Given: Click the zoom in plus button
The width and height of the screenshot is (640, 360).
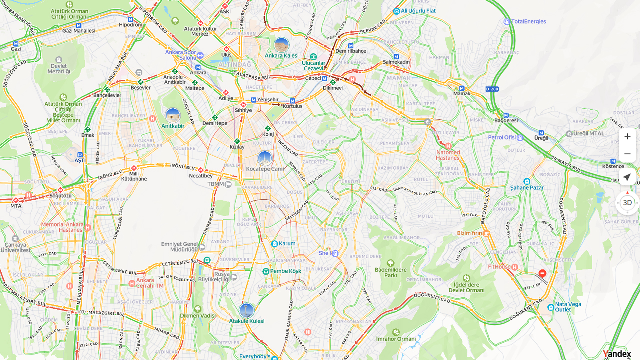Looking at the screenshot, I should [x=627, y=136].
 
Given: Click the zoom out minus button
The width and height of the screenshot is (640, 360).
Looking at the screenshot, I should [x=627, y=154].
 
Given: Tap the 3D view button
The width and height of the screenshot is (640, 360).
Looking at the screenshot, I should [x=627, y=203].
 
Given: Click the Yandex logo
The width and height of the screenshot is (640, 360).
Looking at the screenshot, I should [x=617, y=354].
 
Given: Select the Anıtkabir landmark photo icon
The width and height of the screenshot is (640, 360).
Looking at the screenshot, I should [x=172, y=116].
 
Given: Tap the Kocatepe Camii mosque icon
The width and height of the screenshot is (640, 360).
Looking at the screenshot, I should [x=265, y=159].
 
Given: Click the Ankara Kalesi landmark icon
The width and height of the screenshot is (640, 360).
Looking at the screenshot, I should [x=282, y=45].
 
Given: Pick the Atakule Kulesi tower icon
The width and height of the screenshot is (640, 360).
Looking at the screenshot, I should [x=246, y=311].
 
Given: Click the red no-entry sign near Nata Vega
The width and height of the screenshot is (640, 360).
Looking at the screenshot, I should [x=542, y=273].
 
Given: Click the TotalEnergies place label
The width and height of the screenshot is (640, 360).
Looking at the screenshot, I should [x=528, y=22].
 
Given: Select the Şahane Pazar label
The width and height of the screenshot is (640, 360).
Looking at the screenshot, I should [x=526, y=187].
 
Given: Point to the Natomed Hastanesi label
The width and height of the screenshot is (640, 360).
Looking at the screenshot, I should [x=448, y=155].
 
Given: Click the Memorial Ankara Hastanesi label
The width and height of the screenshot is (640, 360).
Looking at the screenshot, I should [x=62, y=227].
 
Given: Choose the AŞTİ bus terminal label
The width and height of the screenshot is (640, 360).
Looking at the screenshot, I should [x=80, y=160].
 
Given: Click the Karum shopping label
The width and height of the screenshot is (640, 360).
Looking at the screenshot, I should [x=287, y=244].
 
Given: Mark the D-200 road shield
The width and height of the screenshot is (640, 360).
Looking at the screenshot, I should [x=492, y=89].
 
